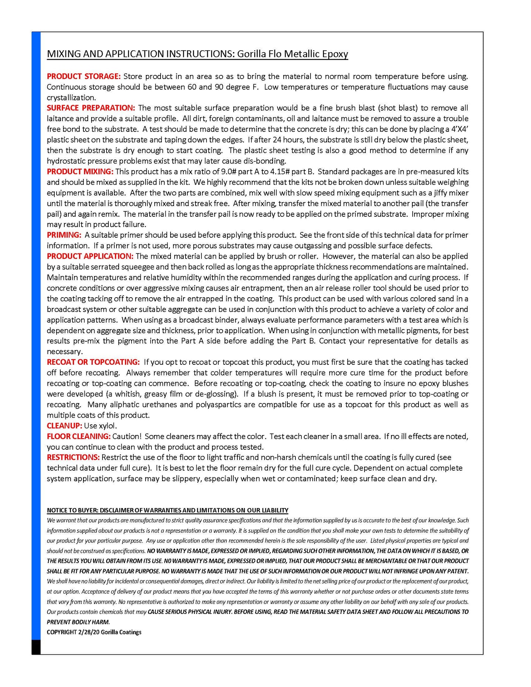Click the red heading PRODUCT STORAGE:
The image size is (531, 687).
click(x=83, y=76)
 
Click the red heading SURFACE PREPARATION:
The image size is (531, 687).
click(x=91, y=108)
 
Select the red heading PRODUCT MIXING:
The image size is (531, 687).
click(x=80, y=172)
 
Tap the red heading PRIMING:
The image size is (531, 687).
click(x=64, y=235)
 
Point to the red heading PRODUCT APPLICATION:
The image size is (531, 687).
click(x=90, y=256)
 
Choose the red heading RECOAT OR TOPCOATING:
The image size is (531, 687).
click(x=93, y=362)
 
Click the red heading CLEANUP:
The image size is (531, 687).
click(x=64, y=426)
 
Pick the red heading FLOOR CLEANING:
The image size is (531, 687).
click(x=79, y=436)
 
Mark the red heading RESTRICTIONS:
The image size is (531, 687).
click(x=73, y=457)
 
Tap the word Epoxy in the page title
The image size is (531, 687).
click(x=335, y=54)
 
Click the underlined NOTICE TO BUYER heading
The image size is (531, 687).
click(x=168, y=510)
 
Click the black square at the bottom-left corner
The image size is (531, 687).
click(x=36, y=647)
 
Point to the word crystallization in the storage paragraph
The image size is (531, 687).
click(x=71, y=98)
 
